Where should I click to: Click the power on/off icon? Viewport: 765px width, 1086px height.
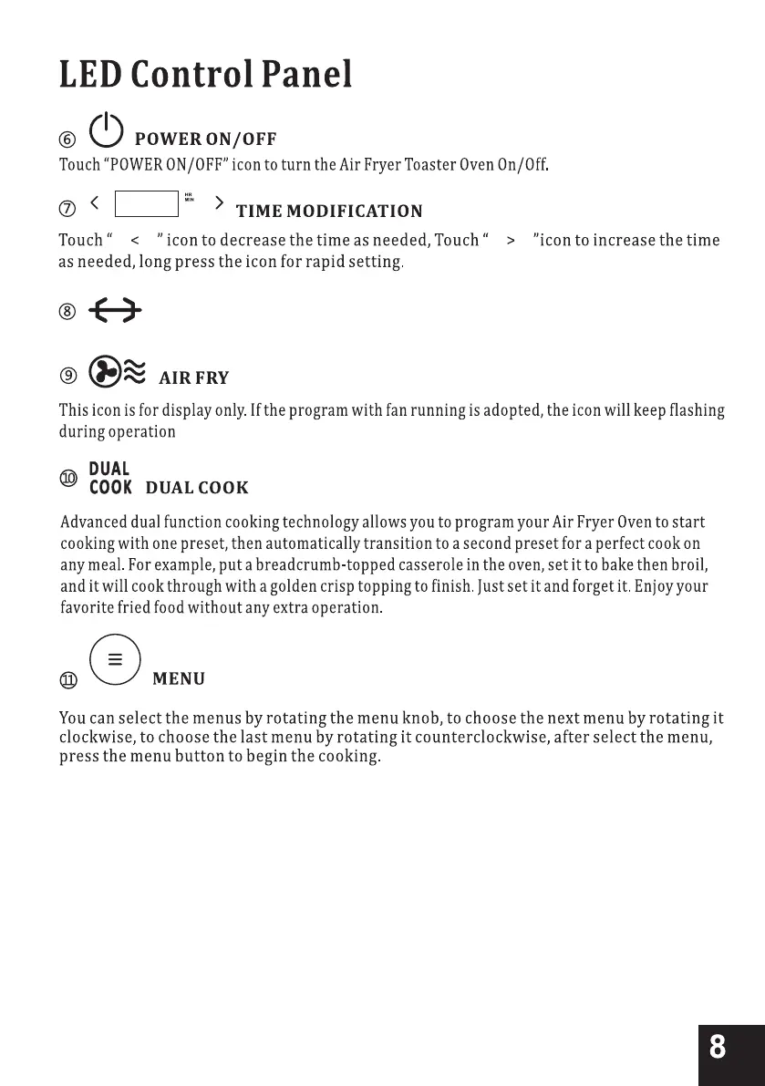tap(107, 130)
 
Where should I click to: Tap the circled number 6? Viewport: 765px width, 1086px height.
tap(67, 140)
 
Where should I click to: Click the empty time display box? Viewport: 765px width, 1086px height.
tap(147, 204)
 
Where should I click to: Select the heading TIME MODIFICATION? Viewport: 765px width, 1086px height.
tap(329, 212)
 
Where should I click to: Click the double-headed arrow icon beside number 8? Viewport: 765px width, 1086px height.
tap(114, 313)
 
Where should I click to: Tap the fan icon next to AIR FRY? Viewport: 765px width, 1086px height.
tap(102, 372)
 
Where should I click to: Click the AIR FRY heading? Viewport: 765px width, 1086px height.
tap(194, 378)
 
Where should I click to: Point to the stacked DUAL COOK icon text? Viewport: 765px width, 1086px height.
tap(110, 478)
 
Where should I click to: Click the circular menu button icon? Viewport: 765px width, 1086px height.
tap(116, 658)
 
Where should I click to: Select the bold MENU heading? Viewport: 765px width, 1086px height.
tap(179, 679)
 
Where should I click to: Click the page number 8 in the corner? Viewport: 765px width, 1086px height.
tap(718, 1047)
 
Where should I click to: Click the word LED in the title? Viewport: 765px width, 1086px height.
tap(89, 75)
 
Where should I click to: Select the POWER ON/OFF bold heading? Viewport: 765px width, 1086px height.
tap(205, 140)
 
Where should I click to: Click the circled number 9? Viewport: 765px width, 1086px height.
tap(67, 375)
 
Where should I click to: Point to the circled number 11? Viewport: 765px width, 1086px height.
tap(68, 680)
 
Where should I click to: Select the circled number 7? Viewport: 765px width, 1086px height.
tap(67, 211)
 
